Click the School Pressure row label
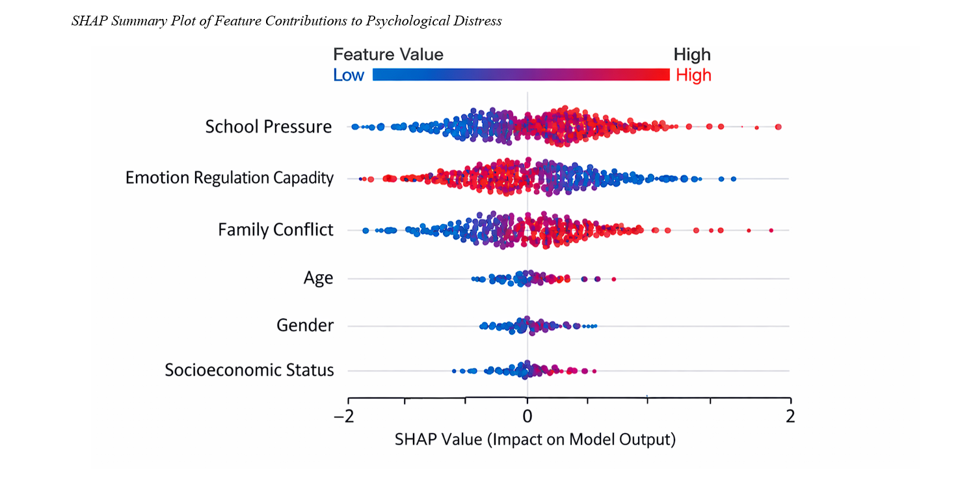tap(268, 126)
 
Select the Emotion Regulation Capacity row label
tap(229, 178)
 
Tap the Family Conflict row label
tap(275, 230)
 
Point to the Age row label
tap(318, 278)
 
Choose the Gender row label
tap(304, 325)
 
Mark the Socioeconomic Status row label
tap(249, 371)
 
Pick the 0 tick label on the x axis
tap(527, 416)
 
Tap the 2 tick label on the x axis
tap(790, 416)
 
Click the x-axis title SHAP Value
tap(535, 440)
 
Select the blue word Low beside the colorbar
tap(349, 76)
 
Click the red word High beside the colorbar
tap(693, 76)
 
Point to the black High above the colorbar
tap(692, 55)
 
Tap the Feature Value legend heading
tap(388, 55)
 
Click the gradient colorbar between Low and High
tap(520, 74)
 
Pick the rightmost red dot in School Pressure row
tap(778, 127)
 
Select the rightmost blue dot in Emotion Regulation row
tap(734, 178)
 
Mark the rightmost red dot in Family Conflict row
tap(771, 231)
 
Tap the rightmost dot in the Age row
tap(613, 279)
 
